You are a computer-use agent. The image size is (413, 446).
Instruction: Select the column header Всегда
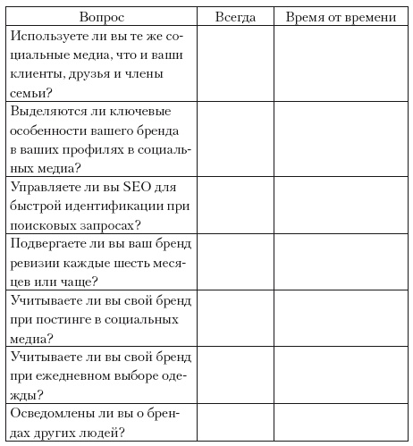(x=235, y=17)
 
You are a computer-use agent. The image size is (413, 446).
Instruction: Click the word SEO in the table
(x=122, y=188)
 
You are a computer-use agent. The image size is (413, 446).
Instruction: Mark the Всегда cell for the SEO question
(x=235, y=206)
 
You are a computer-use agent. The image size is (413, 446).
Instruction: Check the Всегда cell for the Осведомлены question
(x=235, y=422)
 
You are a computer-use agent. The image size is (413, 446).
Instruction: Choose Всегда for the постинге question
(x=235, y=318)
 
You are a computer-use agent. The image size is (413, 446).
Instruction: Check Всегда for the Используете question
(x=235, y=63)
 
